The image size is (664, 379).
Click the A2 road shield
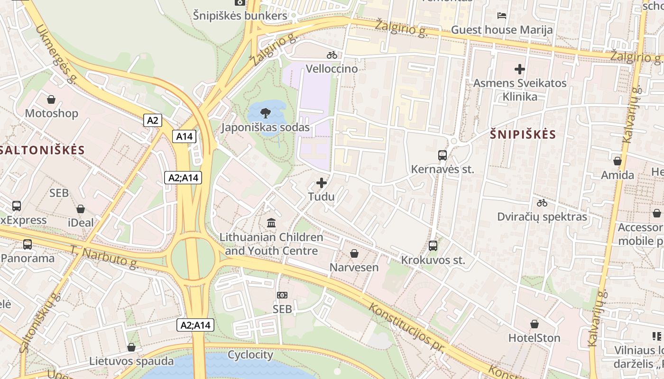tap(152, 120)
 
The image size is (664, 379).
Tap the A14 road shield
tap(184, 136)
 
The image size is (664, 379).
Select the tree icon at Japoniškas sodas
tap(266, 113)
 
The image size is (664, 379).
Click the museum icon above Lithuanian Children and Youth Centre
tap(271, 222)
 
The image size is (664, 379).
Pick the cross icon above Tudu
tap(322, 183)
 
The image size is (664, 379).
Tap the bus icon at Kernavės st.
tap(442, 155)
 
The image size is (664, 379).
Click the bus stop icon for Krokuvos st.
tap(433, 245)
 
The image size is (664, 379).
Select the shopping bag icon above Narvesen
tap(354, 253)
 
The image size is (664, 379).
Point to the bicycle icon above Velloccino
tap(332, 55)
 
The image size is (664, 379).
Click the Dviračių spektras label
tap(542, 217)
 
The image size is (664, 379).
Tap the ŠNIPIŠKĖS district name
tap(523, 135)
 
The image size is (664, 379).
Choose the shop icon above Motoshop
tap(51, 99)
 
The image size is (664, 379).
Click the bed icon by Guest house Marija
tap(501, 16)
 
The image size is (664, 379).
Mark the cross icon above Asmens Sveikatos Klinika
tap(520, 69)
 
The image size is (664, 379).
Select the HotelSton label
tap(534, 338)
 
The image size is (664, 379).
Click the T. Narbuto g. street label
tap(104, 257)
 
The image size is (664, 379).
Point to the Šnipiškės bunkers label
tap(240, 16)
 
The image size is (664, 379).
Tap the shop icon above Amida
tap(617, 161)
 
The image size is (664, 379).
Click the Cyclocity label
tap(250, 355)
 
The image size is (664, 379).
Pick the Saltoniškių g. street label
tap(40, 322)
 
